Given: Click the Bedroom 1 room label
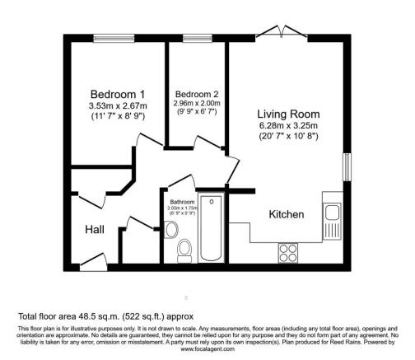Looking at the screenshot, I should [x=119, y=94].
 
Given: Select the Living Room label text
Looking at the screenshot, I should [x=287, y=114].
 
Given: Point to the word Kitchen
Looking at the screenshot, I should [x=287, y=214].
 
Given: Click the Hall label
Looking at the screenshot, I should [x=94, y=231].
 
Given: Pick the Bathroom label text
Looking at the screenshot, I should [x=182, y=202].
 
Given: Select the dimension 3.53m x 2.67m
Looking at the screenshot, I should [x=119, y=105].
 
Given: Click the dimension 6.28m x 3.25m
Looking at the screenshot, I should [x=287, y=125].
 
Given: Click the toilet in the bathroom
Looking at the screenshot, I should [x=185, y=245].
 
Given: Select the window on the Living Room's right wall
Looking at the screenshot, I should [x=347, y=165].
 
